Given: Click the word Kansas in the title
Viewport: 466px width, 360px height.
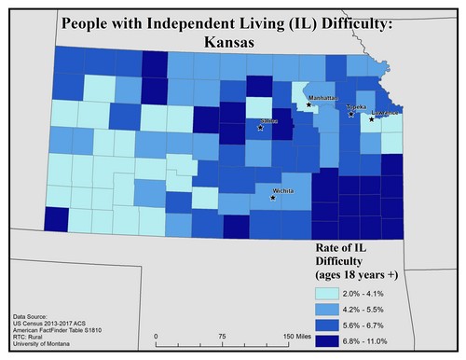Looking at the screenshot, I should pos(232,42).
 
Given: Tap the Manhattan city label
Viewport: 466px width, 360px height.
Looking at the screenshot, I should pos(322,97).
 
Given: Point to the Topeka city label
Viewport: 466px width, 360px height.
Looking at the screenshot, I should pos(357,107).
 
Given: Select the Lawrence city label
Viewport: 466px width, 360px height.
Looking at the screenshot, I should pos(385,113).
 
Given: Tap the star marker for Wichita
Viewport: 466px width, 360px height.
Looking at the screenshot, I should pos(273,198).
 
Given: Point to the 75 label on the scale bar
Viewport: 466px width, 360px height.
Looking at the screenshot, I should pos(222,336).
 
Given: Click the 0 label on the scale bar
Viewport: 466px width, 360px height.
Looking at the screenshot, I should pos(156,336).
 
